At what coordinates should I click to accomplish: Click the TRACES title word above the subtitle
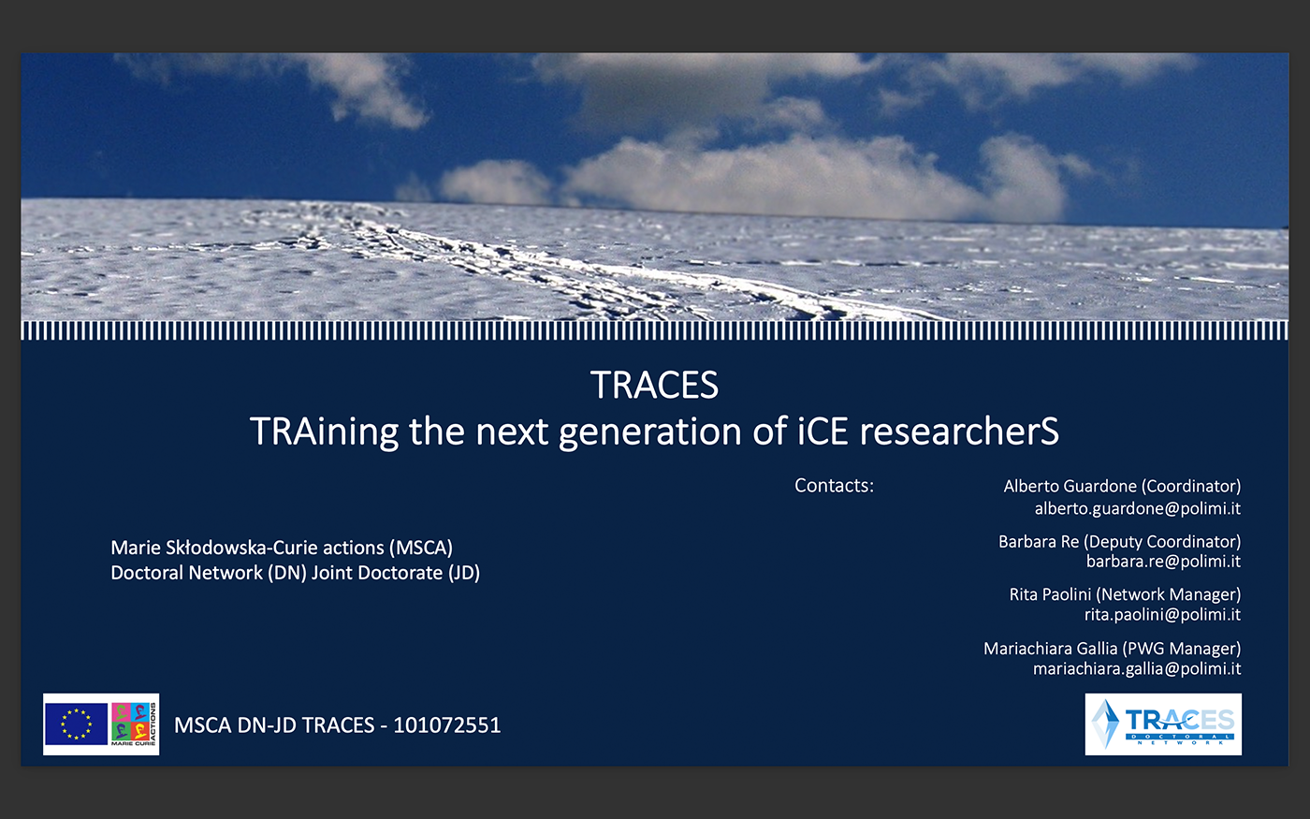654,385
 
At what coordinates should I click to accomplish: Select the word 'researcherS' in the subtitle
959,431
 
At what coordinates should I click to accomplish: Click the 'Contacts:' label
834,486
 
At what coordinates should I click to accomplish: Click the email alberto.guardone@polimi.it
1138,508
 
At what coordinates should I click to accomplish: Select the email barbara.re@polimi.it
1163,561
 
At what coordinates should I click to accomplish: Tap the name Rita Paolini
1050,594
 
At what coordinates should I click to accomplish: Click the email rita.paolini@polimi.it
1162,614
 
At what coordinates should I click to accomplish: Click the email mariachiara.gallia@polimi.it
1137,668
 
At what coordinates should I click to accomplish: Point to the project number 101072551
447,725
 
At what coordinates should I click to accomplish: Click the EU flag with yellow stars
76,724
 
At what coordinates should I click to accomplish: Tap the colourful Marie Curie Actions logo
134,724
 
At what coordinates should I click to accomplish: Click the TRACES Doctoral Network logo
1163,724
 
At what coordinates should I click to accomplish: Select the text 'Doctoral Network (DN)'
209,573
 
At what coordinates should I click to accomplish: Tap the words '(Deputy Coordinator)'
1162,542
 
